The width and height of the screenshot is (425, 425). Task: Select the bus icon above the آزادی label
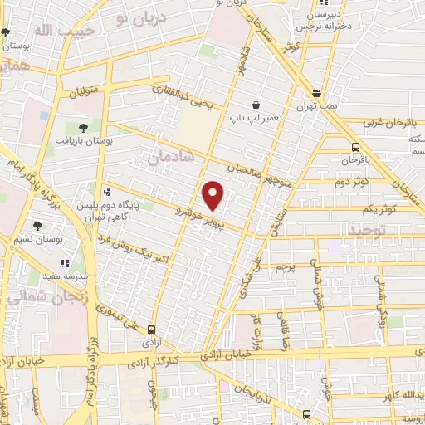(x=151, y=329)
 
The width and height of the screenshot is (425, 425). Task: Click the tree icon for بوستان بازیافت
(x=82, y=128)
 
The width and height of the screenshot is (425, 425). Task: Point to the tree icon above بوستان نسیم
(x=37, y=225)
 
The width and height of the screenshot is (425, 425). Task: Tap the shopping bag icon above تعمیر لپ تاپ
(x=255, y=105)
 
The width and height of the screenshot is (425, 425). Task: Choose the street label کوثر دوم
(x=351, y=180)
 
